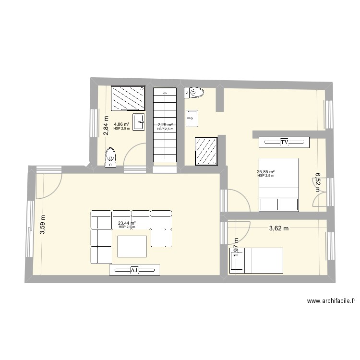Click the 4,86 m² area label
tap(120, 124)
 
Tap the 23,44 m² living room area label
tap(127, 223)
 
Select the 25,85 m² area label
tap(265, 172)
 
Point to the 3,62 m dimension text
tap(278, 228)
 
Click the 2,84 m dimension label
tap(106, 126)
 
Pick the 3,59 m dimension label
tap(43, 224)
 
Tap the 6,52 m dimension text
tap(318, 182)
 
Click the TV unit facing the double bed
tap(284, 142)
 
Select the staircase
tap(165, 126)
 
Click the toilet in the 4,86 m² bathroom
tap(111, 157)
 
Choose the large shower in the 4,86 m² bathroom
tap(128, 98)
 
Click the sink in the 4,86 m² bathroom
tap(139, 122)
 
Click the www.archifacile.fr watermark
tap(331, 301)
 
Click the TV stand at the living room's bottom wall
tap(135, 271)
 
